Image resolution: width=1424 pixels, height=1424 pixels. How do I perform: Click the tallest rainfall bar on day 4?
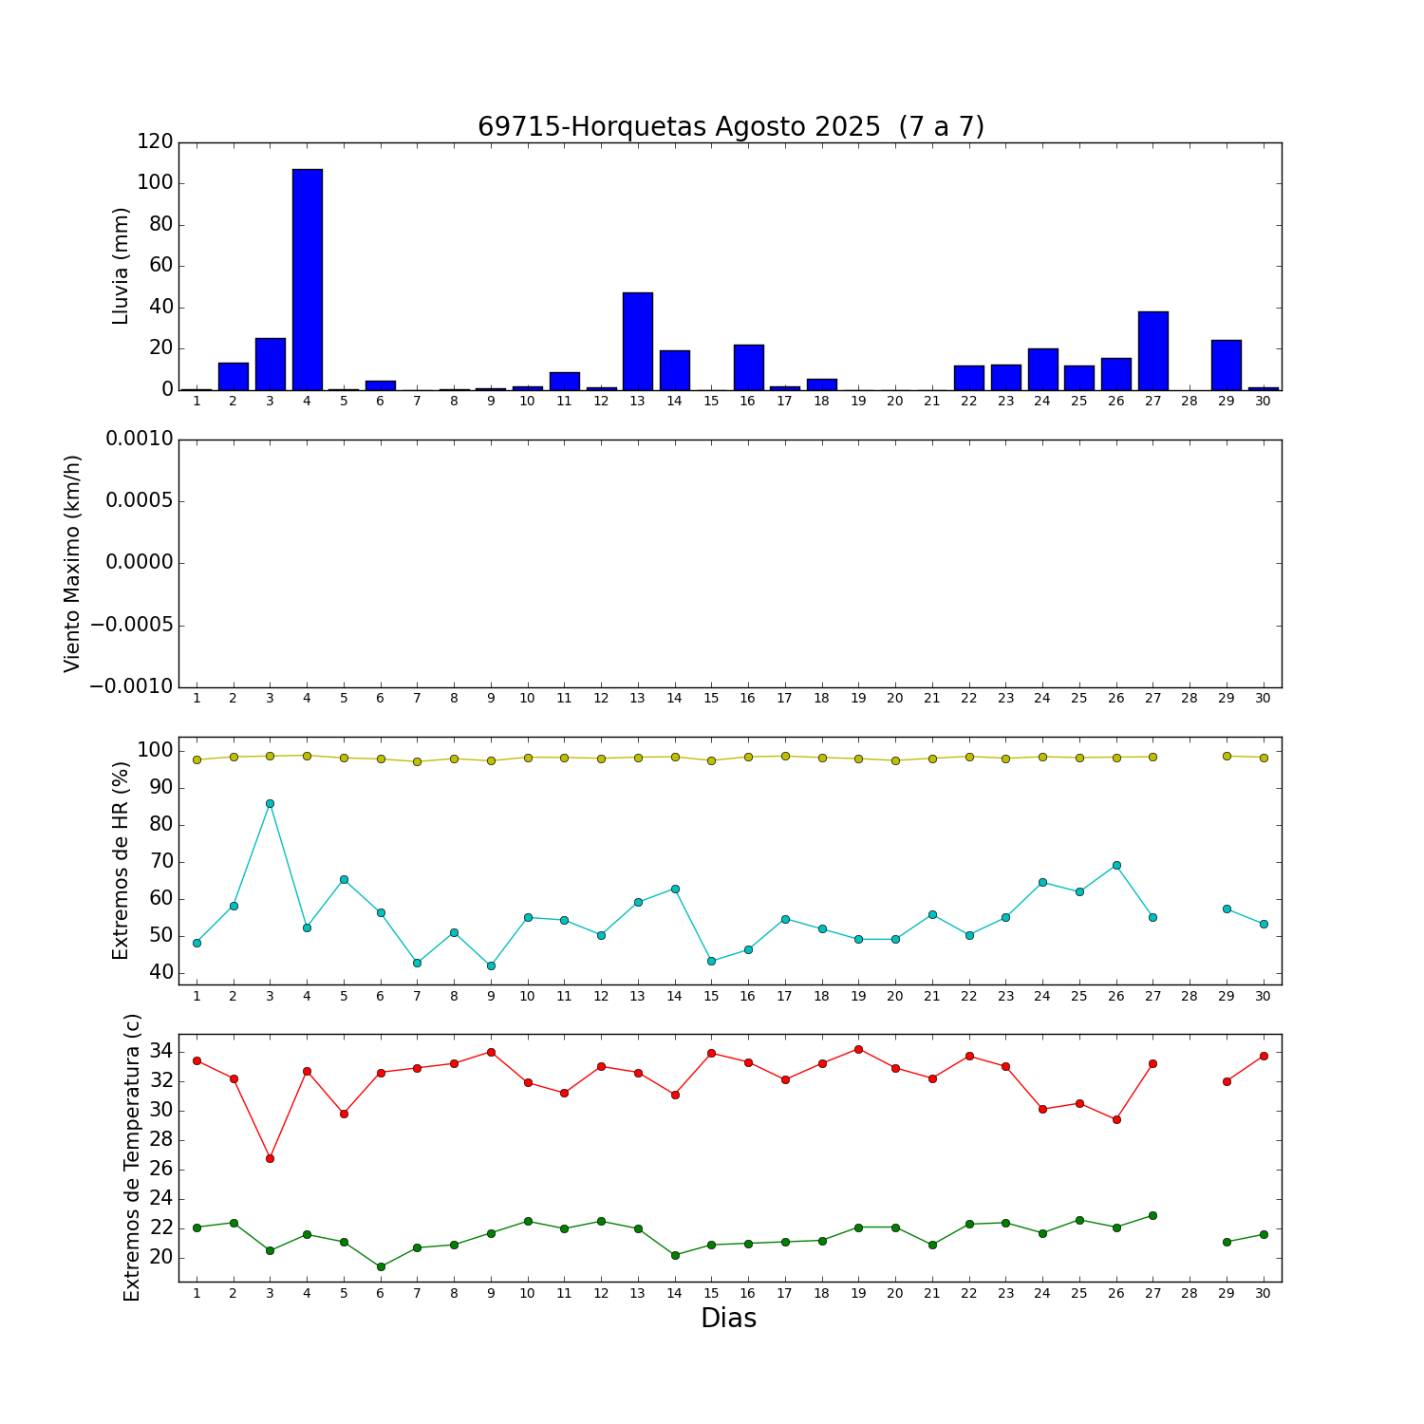coord(307,280)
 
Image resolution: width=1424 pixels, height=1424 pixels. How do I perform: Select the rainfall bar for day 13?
coord(638,342)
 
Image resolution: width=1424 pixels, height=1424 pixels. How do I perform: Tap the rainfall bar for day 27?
coord(1152,351)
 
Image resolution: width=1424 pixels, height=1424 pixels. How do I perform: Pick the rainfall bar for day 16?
coord(748,367)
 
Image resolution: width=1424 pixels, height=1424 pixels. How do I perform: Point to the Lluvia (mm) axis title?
coord(122,266)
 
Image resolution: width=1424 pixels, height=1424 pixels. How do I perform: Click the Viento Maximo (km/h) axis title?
coord(73,564)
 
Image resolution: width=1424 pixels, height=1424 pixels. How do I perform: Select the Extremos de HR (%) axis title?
coord(122,860)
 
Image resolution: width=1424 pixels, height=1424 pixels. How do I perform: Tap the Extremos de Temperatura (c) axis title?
coord(132,1157)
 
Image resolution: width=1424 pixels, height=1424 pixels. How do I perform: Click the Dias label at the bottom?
coord(728,1319)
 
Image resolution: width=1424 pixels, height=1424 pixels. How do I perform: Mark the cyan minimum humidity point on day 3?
coord(270,803)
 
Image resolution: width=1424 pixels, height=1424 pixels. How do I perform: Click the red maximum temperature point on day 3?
coord(270,1158)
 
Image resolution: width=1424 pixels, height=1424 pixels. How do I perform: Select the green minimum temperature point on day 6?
coord(381,1266)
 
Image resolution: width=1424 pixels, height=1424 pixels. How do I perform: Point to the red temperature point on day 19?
coord(858,1049)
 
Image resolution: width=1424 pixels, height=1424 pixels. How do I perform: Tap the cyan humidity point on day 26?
coord(1116,865)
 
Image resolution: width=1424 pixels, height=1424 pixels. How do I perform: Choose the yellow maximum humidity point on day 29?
coord(1227,756)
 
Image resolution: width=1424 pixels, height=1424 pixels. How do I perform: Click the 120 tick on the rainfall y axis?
coord(155,141)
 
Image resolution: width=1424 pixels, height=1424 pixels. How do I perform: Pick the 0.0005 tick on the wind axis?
coord(139,500)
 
